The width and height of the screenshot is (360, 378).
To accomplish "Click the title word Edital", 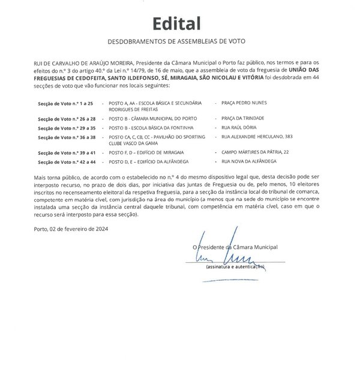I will pyautogui.click(x=176, y=23).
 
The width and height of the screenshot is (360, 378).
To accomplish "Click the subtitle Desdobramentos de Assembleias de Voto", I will pyautogui.click(x=176, y=42).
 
